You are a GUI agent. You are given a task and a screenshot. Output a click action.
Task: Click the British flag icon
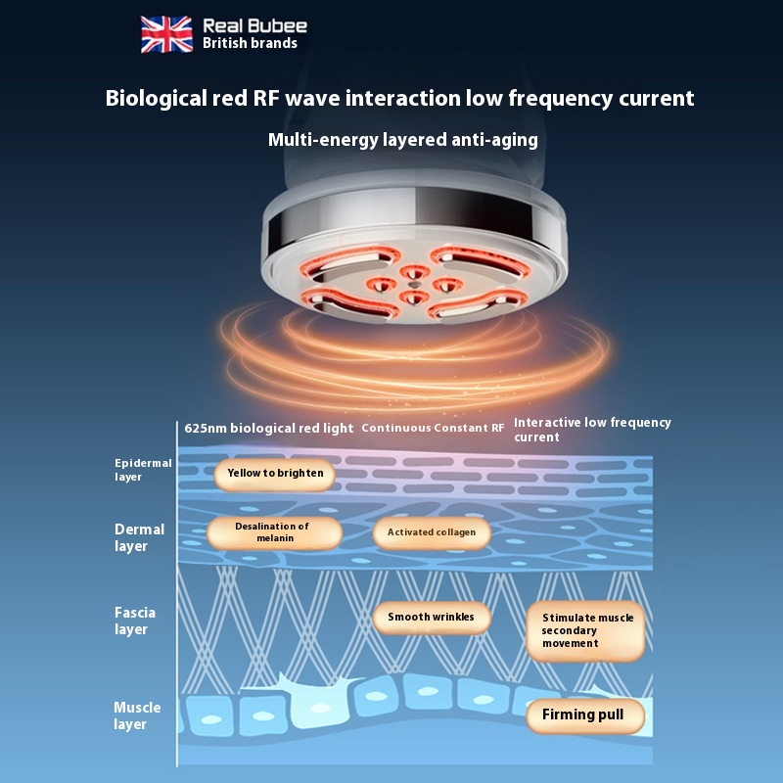166,33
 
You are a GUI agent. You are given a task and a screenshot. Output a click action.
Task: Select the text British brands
250,43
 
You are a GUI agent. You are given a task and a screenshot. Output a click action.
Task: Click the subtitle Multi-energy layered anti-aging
403,140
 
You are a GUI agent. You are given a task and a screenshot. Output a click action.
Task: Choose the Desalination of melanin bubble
273,532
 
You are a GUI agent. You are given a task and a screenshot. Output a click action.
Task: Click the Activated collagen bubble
432,532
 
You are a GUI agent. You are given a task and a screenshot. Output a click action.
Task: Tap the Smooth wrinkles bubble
431,618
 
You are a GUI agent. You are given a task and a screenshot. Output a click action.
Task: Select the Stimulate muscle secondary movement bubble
585,631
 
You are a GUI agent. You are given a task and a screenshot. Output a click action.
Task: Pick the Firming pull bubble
583,714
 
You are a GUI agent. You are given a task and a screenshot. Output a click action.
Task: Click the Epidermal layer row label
143,470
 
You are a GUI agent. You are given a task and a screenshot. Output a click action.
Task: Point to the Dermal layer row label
139,537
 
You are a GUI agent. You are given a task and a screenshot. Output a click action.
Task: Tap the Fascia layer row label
135,621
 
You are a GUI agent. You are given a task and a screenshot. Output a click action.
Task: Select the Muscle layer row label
137,715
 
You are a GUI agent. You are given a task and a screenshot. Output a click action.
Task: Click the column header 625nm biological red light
269,429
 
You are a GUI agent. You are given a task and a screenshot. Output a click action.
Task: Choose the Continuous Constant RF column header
434,429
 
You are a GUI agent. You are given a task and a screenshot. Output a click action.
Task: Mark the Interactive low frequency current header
592,430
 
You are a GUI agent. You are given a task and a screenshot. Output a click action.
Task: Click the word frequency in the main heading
557,99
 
